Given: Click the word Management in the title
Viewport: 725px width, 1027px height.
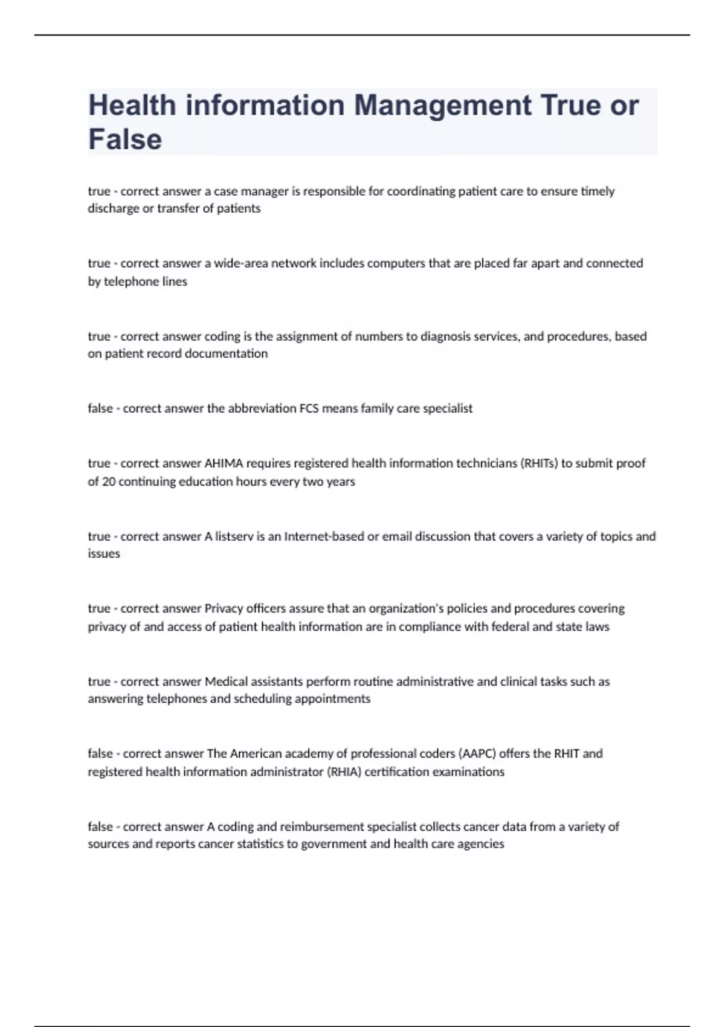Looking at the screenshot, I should point(443,106).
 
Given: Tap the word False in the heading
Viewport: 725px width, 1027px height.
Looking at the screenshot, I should point(125,140).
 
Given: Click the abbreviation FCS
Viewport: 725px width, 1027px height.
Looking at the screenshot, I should point(309,408).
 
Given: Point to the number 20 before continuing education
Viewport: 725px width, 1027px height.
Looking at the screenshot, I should point(109,481).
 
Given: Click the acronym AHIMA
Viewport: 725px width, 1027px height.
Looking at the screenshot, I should point(224,463).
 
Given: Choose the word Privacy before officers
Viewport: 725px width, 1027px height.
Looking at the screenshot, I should point(224,608).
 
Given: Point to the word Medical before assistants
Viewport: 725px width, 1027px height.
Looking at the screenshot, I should point(227,681).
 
